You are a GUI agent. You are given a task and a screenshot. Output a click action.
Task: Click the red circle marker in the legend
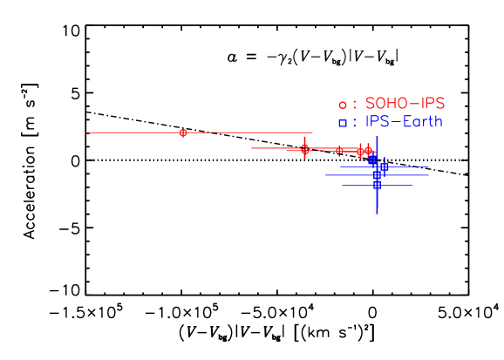pos(343,105)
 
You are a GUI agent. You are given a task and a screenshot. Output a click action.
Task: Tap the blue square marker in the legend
pos(343,123)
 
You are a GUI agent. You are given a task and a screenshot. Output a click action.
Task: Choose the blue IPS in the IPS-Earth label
pos(378,121)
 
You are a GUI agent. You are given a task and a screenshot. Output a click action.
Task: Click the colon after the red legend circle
pos(354,105)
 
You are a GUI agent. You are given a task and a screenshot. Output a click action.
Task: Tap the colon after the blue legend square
pos(354,123)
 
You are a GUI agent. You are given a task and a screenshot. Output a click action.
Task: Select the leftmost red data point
pos(183,132)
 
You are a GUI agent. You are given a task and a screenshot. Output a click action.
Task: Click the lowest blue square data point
pos(377,185)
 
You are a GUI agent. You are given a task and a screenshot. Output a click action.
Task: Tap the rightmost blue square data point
pos(384,166)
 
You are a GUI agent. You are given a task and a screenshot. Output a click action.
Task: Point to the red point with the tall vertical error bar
pos(304,149)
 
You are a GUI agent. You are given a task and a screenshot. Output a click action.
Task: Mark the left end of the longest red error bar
pos(87,132)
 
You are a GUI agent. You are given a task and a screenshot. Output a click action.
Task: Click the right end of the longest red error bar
pos(312,132)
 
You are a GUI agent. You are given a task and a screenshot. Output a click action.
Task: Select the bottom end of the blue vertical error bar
pos(377,214)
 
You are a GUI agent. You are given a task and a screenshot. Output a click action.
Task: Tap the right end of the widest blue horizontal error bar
pos(429,175)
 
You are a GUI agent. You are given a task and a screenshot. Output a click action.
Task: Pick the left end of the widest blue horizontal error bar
pos(325,175)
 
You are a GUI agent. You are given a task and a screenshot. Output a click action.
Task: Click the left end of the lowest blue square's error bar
pos(342,185)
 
